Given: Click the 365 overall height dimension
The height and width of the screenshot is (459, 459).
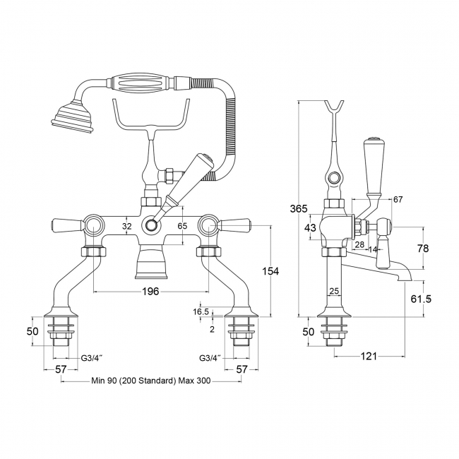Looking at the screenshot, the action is coord(299,209).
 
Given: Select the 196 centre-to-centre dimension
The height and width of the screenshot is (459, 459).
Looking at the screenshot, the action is coord(150,291).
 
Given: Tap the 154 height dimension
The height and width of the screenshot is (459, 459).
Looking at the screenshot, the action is coord(270,271).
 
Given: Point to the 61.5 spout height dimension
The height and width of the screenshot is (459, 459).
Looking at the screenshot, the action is coord(421,299).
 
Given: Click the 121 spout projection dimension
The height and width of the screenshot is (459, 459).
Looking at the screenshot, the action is coord(368,356).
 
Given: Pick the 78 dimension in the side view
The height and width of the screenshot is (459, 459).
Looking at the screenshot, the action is coord(423,249).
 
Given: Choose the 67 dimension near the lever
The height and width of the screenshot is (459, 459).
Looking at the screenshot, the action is coord(398,200).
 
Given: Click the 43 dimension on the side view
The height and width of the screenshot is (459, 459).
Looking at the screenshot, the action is coord(310,227).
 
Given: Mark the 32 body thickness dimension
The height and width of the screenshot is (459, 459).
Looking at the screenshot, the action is coord(127,226).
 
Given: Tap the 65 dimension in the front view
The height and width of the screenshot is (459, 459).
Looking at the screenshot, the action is coord(182,226).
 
